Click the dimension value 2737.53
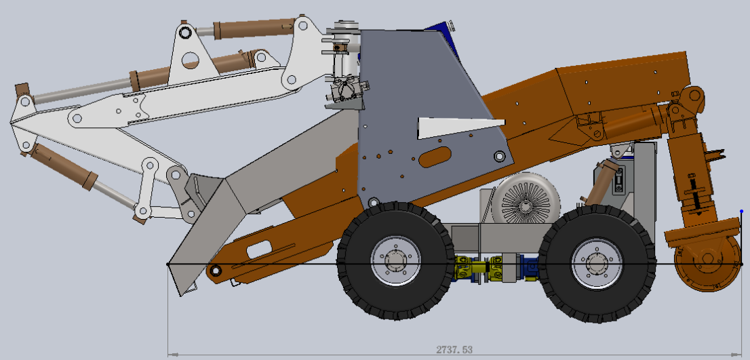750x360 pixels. pyautogui.click(x=454, y=350)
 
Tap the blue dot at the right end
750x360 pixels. pyautogui.click(x=742, y=212)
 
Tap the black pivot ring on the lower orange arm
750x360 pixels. pyautogui.click(x=216, y=272)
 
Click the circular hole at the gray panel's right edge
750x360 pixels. pyautogui.click(x=500, y=157)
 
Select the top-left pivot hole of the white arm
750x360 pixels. pyautogui.click(x=184, y=33)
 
